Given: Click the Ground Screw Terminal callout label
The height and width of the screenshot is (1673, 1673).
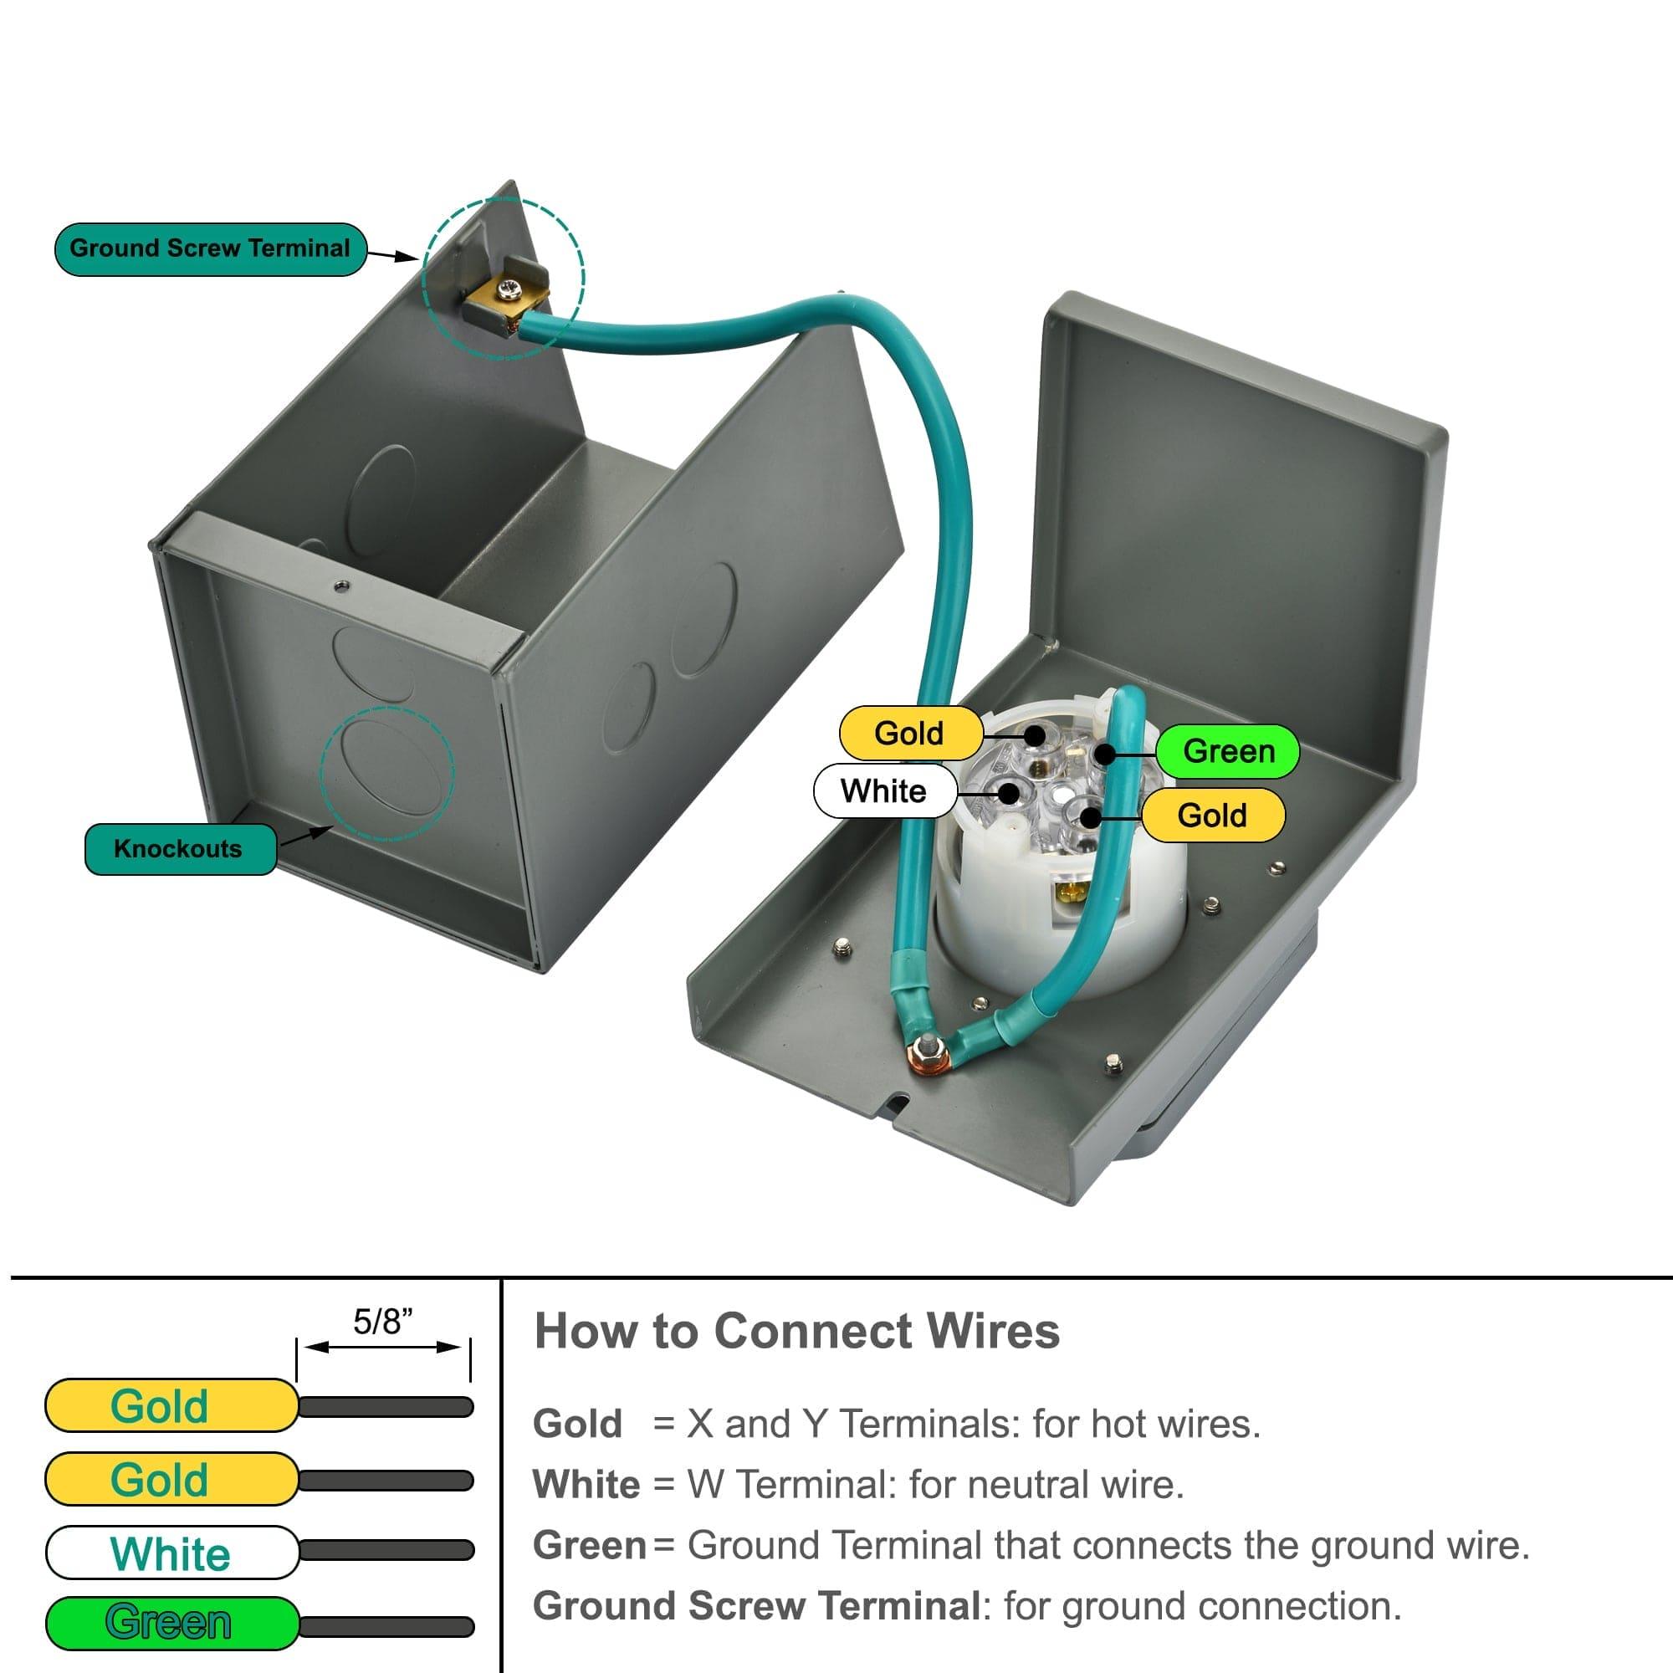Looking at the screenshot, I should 210,249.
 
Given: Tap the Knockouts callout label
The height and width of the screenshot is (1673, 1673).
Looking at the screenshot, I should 179,848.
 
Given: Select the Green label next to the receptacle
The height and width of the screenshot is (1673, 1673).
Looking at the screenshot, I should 1227,751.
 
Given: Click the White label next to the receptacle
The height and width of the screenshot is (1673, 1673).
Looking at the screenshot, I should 883,790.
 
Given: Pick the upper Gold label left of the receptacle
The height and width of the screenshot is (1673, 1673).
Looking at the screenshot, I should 909,734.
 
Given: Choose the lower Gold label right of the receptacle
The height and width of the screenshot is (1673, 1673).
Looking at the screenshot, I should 1211,815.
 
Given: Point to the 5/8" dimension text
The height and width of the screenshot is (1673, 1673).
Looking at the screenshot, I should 383,1322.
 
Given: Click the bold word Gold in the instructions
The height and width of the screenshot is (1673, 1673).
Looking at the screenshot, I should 577,1424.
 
